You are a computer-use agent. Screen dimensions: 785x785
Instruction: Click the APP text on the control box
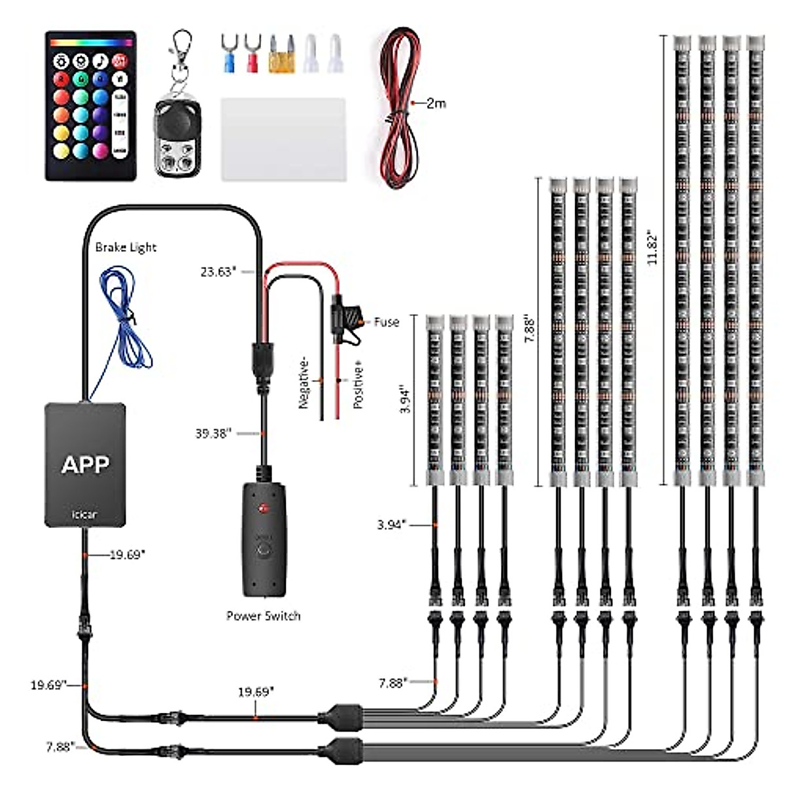[x=85, y=464]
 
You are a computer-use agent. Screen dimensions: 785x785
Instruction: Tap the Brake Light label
[x=126, y=247]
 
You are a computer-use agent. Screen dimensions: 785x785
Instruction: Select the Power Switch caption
[x=263, y=616]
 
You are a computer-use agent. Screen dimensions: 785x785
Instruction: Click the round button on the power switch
[x=264, y=548]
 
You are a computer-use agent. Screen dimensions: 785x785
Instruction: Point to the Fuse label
[x=386, y=322]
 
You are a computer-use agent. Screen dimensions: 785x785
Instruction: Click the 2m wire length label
[x=436, y=103]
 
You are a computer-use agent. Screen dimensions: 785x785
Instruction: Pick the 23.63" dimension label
[x=218, y=271]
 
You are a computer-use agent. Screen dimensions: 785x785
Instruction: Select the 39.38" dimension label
[x=214, y=433]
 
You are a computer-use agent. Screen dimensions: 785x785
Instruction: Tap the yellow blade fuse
[x=281, y=58]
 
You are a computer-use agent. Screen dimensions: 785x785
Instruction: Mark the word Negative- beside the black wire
[x=304, y=385]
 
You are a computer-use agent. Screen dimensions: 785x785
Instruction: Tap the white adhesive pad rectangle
[x=283, y=139]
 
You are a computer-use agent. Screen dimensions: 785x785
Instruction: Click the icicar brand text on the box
[x=84, y=515]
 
